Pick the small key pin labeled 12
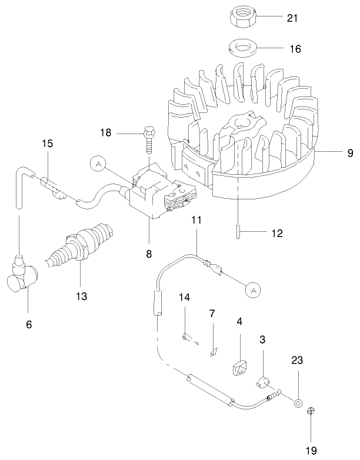click(x=239, y=229)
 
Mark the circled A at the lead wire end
click(x=252, y=289)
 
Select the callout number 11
click(x=196, y=220)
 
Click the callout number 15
click(x=47, y=143)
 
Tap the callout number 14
click(x=185, y=298)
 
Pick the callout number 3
click(x=262, y=339)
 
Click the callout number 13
click(x=82, y=296)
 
